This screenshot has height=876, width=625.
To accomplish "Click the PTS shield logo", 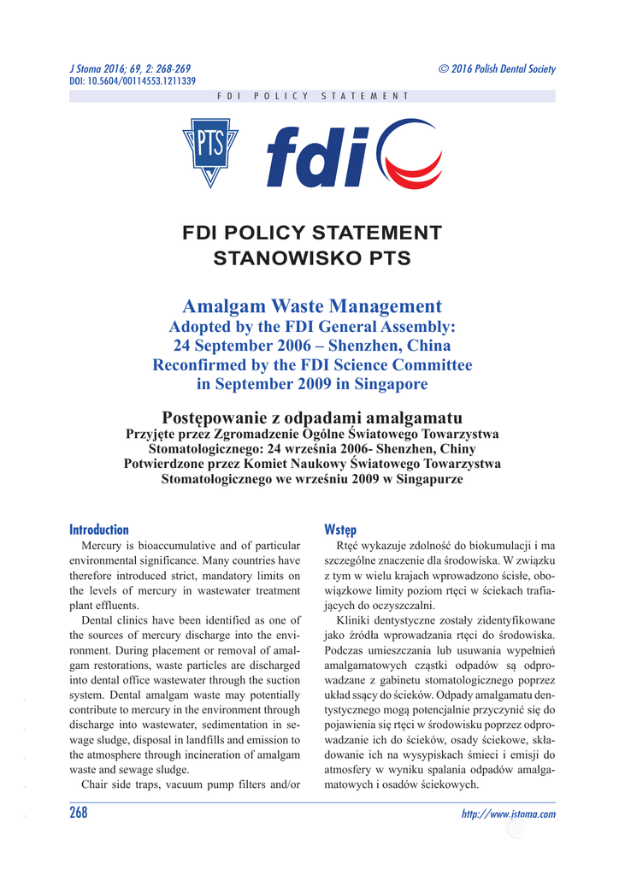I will [x=210, y=152].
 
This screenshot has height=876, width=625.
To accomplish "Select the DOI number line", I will [x=132, y=81].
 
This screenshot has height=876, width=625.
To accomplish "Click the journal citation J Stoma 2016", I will [x=129, y=68].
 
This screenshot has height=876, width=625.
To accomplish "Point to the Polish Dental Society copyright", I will [x=496, y=68].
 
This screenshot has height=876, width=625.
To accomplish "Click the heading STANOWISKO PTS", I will [x=312, y=258].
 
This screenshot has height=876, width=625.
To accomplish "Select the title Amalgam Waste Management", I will [x=312, y=306].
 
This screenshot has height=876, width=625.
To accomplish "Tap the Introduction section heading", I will [x=99, y=530].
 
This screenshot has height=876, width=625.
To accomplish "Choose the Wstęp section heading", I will [x=341, y=530].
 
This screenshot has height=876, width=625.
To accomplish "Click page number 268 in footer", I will [x=79, y=813].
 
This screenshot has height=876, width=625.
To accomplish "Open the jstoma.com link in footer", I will [x=508, y=814].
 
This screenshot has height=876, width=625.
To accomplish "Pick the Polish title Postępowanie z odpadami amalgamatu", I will [x=312, y=418].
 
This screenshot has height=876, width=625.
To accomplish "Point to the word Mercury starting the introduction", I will [x=101, y=546].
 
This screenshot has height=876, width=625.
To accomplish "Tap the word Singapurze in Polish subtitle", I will [x=425, y=479].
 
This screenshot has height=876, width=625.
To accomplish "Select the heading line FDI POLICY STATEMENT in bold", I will [x=312, y=233].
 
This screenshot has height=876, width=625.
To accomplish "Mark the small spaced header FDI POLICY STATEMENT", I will [x=313, y=97].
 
